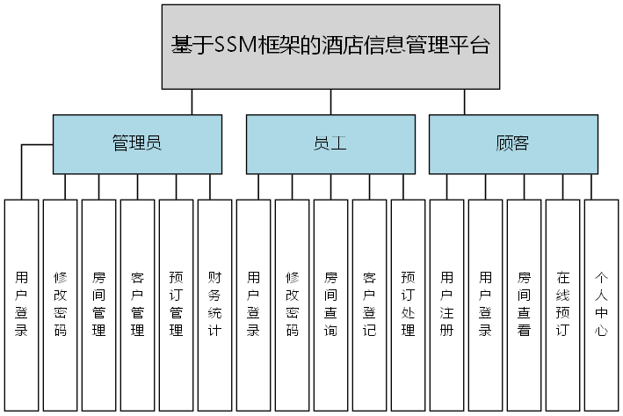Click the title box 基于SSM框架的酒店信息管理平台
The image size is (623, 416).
(330, 46)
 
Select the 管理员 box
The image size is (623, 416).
(136, 143)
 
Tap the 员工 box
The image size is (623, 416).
(330, 143)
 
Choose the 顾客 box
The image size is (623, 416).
(512, 143)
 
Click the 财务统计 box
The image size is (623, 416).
(214, 304)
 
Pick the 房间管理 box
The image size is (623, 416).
(98, 304)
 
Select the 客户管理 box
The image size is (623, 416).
(137, 304)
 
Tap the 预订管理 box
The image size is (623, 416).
(176, 304)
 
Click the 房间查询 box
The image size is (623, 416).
(330, 304)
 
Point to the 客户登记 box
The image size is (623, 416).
(369, 304)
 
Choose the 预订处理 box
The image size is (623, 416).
(408, 304)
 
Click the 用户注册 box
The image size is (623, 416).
(446, 304)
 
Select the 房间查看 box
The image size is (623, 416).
(524, 304)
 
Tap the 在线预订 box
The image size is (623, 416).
(562, 304)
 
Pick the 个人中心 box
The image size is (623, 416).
(601, 304)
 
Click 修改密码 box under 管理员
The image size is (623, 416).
(60, 304)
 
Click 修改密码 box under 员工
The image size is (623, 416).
(292, 304)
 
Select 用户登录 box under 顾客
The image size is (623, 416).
(485, 304)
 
